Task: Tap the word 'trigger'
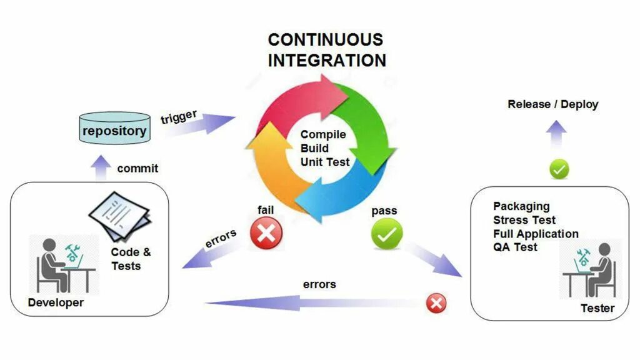[179, 117]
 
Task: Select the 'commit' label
[137, 168]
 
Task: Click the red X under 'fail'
[266, 233]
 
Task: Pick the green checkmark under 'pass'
[387, 234]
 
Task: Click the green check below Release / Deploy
[559, 169]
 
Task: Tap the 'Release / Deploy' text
[552, 104]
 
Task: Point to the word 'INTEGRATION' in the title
[327, 61]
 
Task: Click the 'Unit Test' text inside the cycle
[325, 162]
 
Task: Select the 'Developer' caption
[56, 302]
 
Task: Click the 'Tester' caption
[597, 307]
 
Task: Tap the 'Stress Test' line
[524, 220]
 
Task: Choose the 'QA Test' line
[515, 247]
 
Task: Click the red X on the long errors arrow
[436, 304]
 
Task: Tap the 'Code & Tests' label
[131, 259]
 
